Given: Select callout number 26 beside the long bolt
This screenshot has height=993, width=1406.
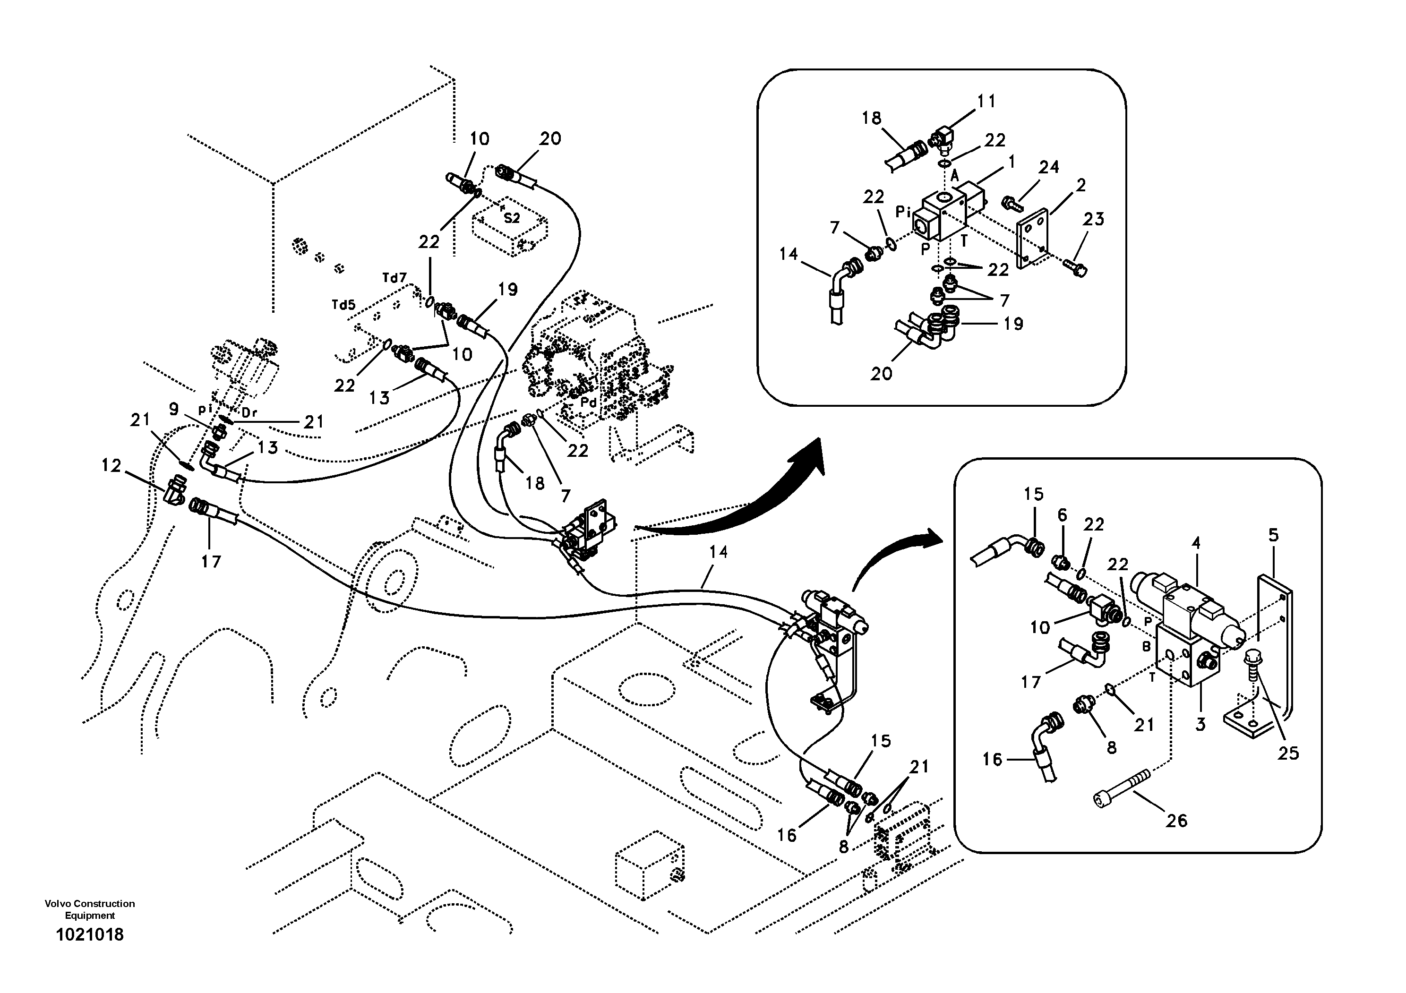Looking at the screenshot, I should (1176, 821).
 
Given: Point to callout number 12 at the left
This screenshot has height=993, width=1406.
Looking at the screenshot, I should (111, 466).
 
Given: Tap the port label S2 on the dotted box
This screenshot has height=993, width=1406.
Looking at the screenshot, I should (511, 217).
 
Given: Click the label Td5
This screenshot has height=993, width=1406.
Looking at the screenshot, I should (343, 304).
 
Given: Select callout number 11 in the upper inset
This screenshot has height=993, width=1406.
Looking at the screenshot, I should (986, 101).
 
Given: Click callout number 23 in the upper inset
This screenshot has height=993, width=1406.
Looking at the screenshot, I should (1093, 219).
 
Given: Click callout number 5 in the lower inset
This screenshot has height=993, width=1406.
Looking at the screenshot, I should (1273, 535).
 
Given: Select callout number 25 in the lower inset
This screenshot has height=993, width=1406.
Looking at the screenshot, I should (1288, 753).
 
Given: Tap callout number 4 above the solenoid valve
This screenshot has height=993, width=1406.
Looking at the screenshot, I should (1196, 543).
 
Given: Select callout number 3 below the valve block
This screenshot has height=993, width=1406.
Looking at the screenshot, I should (1200, 724).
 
